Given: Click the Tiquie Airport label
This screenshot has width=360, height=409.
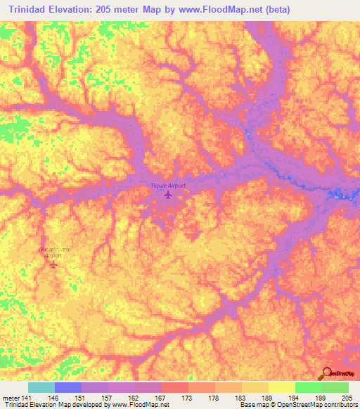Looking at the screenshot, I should point(169,186).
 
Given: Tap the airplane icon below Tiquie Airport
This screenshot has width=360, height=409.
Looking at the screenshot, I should point(167,195).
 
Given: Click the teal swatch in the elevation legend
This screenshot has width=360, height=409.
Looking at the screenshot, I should point(41,387).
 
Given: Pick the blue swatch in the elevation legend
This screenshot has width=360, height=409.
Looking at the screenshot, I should point(68,387).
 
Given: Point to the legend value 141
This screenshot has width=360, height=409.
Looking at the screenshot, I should point(22,398).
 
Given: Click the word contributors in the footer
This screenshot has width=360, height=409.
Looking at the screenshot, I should point(339,405).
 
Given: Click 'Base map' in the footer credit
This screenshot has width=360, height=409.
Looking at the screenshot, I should point(248,405).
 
